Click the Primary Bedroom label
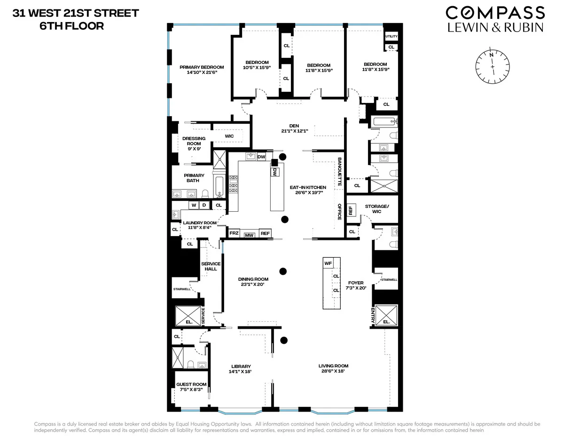tap(202, 67)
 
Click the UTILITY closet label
tap(391, 36)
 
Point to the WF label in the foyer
tap(328, 263)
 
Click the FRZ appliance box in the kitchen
tap(234, 233)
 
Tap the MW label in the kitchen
tap(249, 234)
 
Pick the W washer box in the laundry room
tap(193, 205)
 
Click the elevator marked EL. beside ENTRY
tap(386, 316)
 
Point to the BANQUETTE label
tap(339, 173)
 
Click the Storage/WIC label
tap(376, 209)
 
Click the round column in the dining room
tap(282, 271)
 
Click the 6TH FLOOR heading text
tap(71, 26)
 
